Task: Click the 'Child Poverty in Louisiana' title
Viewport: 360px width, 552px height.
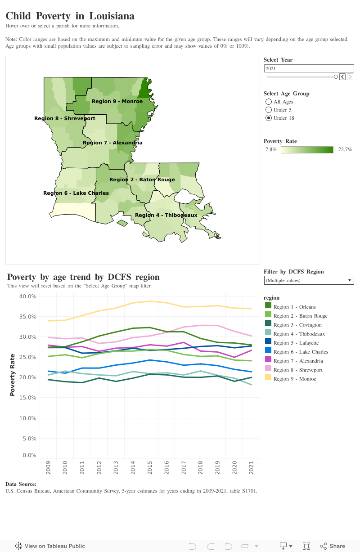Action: coord(70,16)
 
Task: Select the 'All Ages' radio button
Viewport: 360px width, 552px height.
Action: coord(269,102)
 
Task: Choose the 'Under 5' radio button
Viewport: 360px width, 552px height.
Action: coord(269,110)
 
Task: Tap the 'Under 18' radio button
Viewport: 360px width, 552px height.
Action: coord(269,118)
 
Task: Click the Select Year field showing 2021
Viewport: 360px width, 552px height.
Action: coord(308,68)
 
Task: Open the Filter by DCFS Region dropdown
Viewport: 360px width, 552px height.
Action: coord(309,280)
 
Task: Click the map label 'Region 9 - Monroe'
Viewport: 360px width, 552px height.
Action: coord(117,101)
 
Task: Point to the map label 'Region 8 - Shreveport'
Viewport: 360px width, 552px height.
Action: coord(65,118)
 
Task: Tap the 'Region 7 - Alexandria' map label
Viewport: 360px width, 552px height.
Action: coord(112,143)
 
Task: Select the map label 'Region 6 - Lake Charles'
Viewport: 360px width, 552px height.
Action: coord(76,193)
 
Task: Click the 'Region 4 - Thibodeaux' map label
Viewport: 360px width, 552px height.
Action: coord(166,215)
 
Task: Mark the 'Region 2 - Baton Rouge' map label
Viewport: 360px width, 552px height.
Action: coord(142,180)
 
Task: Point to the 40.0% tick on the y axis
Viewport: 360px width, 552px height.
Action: coord(28,296)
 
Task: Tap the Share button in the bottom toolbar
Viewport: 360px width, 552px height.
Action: coord(333,546)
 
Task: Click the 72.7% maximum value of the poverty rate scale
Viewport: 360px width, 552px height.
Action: coord(345,149)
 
